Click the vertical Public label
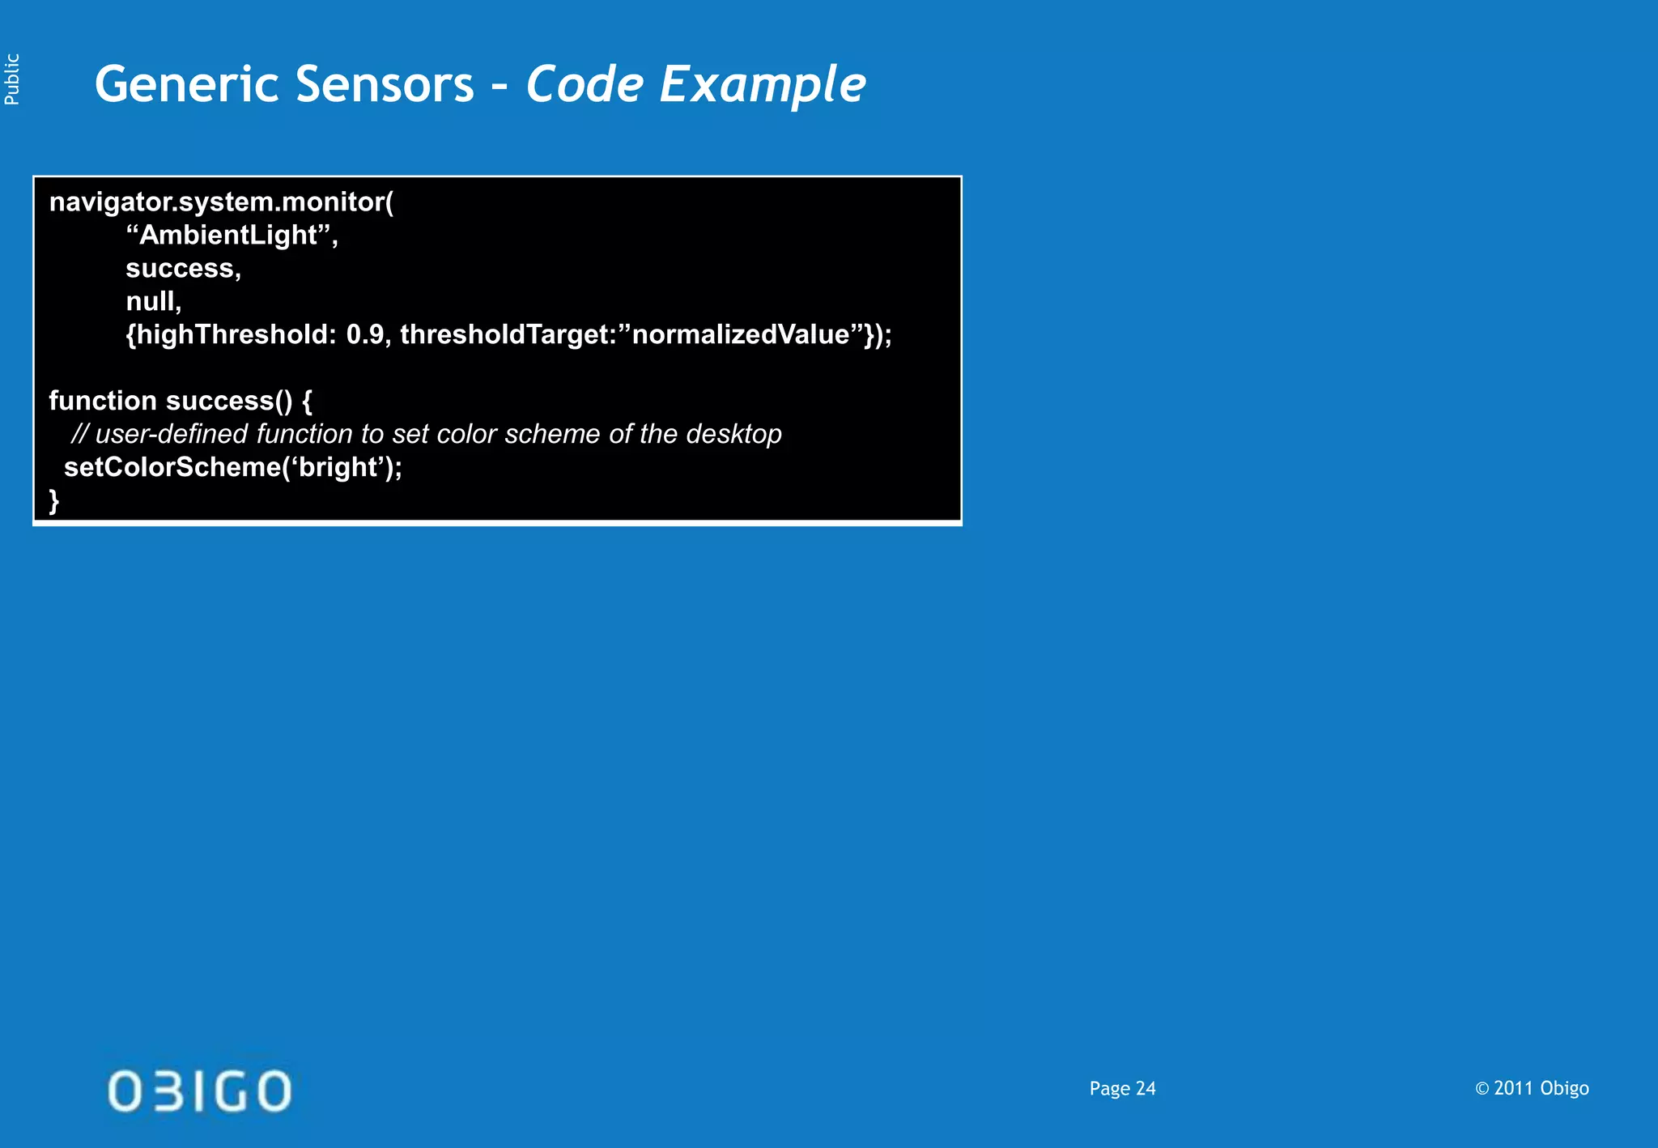pyautogui.click(x=12, y=79)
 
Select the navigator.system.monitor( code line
pyautogui.click(x=221, y=202)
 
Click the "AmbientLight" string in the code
pyautogui.click(x=232, y=235)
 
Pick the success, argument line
pyautogui.click(x=183, y=268)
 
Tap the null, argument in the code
pyautogui.click(x=153, y=301)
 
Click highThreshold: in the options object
pyautogui.click(x=231, y=334)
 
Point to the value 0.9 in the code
pyautogui.click(x=365, y=334)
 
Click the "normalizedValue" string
pyautogui.click(x=745, y=334)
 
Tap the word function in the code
pyautogui.click(x=103, y=401)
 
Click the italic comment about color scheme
pyautogui.click(x=426, y=434)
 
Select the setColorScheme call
pyautogui.click(x=232, y=467)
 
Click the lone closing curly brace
pyautogui.click(x=54, y=500)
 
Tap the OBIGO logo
pyautogui.click(x=199, y=1091)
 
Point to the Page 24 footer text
pyautogui.click(x=1122, y=1089)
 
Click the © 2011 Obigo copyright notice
pyautogui.click(x=1532, y=1089)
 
